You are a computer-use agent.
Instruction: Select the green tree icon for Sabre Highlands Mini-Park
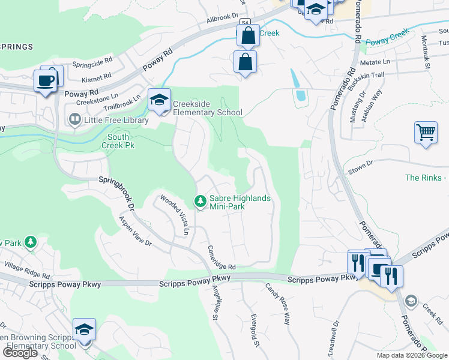point(200,200)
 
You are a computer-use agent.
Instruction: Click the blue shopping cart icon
point(426,132)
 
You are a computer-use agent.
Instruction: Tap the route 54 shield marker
point(245,23)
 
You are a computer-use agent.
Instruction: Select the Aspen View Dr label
point(134,230)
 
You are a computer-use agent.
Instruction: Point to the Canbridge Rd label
point(221,257)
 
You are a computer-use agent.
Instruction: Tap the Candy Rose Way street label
point(278,304)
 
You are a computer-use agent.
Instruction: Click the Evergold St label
point(255,329)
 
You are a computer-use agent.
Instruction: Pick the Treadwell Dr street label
point(334,331)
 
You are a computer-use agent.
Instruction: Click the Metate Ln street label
point(375,61)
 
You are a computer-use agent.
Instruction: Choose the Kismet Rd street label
point(99,76)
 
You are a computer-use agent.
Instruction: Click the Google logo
point(20,353)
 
